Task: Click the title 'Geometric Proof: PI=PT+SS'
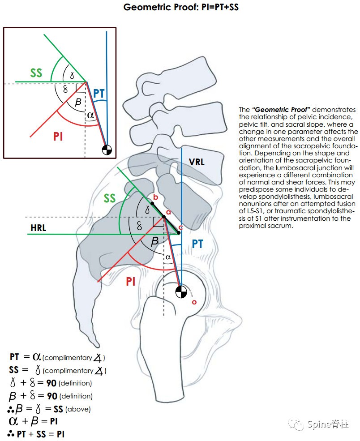pos(180,8)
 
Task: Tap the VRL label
pos(197,162)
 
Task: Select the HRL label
pos(39,228)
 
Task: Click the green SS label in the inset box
pos(36,73)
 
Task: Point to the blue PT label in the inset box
pos(99,94)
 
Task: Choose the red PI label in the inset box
pos(58,136)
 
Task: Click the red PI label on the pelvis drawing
pos(130,281)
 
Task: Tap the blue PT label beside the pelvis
pos(197,244)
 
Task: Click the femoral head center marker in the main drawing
pos(180,291)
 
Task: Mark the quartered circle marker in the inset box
pos(107,150)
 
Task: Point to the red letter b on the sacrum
pos(155,197)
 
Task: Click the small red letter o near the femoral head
pos(194,302)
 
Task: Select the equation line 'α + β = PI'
pos(33,421)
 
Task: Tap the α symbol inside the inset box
pos(91,116)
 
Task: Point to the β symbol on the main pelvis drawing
pos(154,241)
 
